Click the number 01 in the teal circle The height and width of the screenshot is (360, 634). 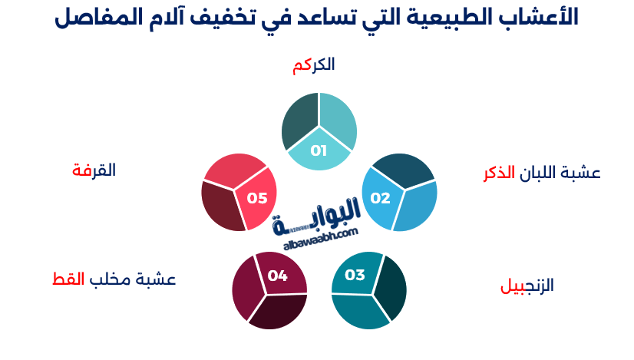(319, 150)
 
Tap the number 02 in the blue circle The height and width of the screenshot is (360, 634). (380, 198)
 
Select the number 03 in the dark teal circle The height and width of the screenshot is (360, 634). (355, 275)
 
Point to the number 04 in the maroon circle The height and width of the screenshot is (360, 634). (277, 275)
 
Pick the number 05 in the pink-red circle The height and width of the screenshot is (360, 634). (256, 198)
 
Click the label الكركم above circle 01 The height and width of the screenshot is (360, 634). (313, 65)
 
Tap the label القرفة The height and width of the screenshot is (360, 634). (94, 170)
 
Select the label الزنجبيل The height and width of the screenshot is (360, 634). (527, 286)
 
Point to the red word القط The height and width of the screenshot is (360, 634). (68, 279)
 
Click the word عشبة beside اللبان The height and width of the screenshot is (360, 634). (583, 173)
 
